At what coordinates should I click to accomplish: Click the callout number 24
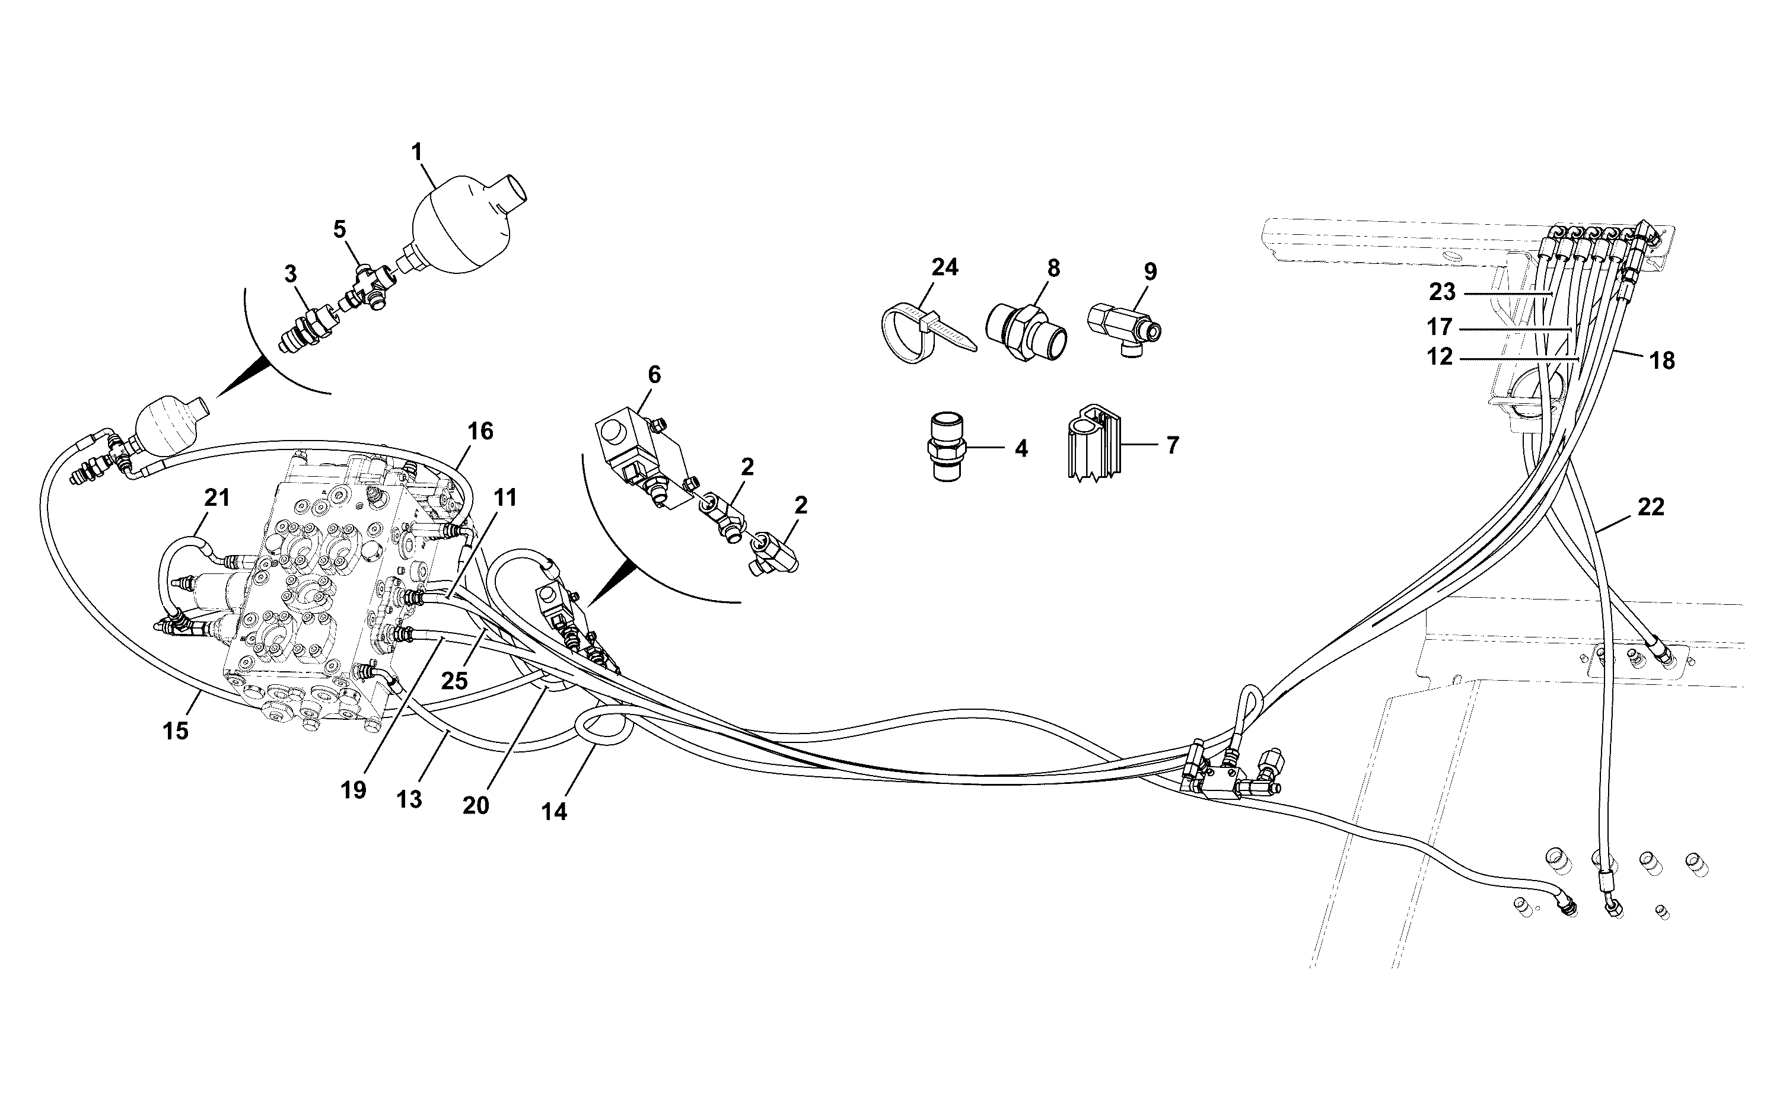click(944, 267)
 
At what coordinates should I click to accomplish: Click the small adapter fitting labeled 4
click(947, 447)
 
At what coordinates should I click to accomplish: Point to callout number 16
click(480, 431)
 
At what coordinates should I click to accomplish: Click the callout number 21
click(217, 498)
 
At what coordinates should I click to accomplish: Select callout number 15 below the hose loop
click(176, 731)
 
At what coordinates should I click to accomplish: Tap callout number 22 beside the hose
click(1650, 506)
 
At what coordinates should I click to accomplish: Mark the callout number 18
click(1662, 361)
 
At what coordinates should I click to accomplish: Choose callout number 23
click(1442, 292)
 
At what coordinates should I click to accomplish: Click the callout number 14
click(554, 812)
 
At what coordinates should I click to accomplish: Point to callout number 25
click(454, 681)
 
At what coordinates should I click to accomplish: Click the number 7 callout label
click(1173, 445)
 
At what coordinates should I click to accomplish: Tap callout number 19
click(354, 790)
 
